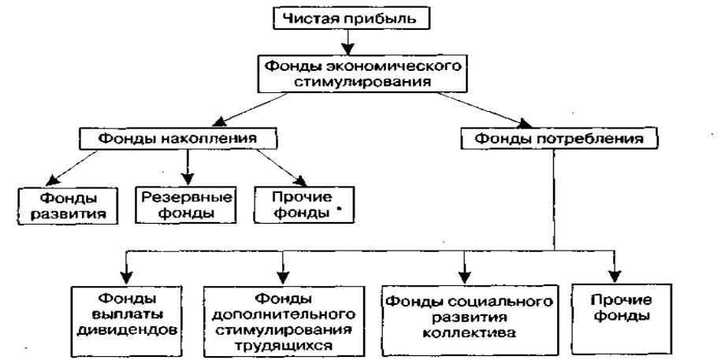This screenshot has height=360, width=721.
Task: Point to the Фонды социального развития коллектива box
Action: click(466, 312)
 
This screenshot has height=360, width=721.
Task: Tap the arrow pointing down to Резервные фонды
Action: click(187, 165)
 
